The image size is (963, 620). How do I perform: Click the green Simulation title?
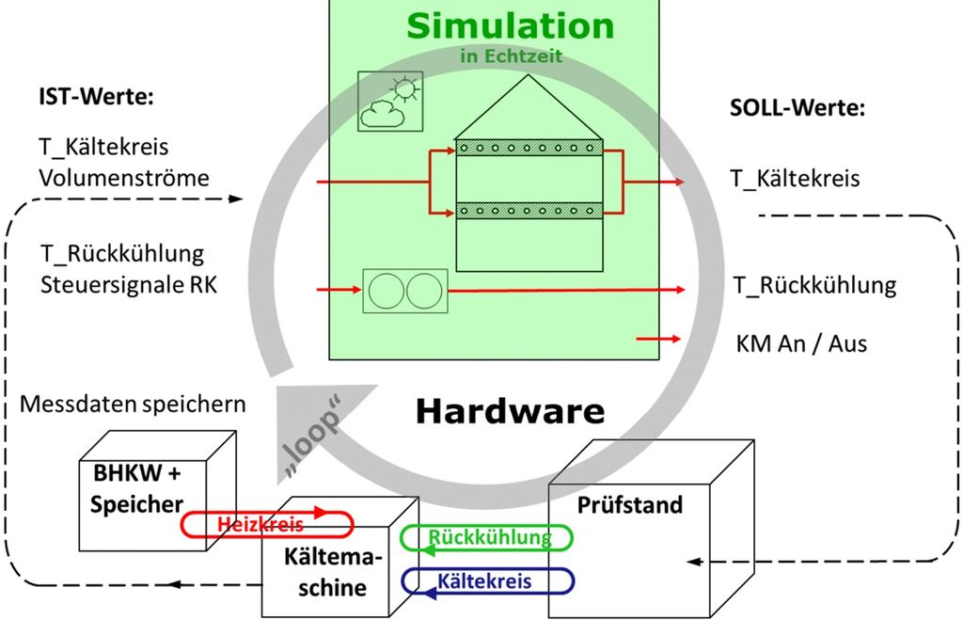(511, 25)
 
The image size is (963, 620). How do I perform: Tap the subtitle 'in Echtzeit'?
(511, 56)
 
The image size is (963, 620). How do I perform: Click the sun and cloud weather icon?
(389, 101)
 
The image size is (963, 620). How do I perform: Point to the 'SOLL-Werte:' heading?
(797, 107)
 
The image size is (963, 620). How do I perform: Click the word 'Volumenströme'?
(124, 177)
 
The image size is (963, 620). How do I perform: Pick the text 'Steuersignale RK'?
(129, 283)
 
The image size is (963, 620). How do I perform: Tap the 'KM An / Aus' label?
(801, 343)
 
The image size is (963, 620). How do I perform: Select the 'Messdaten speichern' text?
(133, 404)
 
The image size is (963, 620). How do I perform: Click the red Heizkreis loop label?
(261, 524)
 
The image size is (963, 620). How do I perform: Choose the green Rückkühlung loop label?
(489, 538)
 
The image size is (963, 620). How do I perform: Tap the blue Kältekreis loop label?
(484, 580)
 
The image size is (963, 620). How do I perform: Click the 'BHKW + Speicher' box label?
(137, 488)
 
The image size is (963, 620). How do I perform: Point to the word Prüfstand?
(629, 505)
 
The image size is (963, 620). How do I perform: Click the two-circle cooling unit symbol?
(404, 291)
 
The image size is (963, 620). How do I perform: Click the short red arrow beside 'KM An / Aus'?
(658, 339)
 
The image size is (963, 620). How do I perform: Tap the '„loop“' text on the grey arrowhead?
(313, 438)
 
